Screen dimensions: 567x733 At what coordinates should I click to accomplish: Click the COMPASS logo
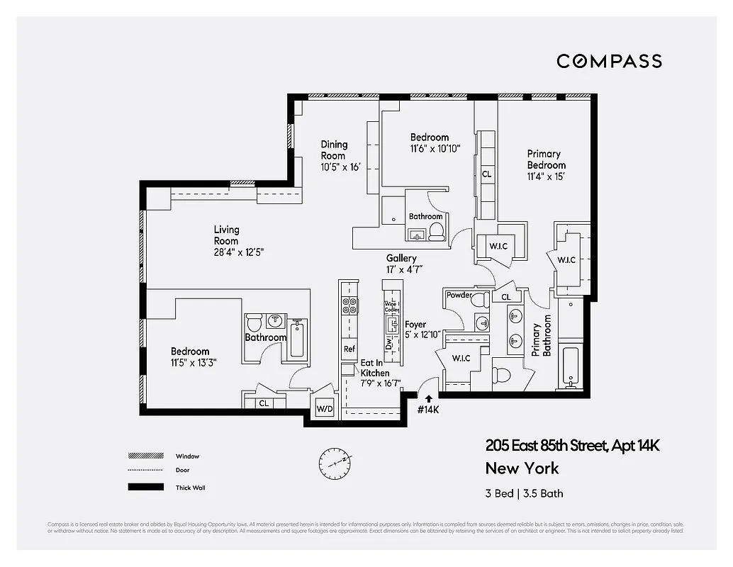[609, 61]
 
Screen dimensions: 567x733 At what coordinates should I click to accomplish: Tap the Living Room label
[227, 235]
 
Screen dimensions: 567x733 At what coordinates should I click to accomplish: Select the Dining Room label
[333, 150]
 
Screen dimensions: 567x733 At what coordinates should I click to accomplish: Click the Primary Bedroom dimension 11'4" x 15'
[546, 176]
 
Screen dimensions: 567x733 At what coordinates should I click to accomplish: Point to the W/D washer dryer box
[325, 409]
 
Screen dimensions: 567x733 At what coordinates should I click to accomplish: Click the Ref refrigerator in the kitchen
[349, 349]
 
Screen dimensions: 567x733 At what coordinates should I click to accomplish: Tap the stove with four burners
[349, 305]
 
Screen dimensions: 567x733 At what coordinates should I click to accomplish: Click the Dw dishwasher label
[388, 343]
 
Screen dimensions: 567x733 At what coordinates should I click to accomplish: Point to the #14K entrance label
[428, 409]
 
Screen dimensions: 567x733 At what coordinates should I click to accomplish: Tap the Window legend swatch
[141, 456]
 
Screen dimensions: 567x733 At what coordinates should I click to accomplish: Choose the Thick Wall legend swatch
[141, 487]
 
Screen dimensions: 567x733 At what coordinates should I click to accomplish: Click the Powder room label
[459, 295]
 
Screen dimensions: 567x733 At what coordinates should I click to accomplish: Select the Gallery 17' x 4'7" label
[401, 264]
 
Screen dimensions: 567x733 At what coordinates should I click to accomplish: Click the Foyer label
[415, 325]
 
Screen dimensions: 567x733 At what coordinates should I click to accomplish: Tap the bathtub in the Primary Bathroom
[570, 365]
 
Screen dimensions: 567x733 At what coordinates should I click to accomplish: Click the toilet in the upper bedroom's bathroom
[437, 230]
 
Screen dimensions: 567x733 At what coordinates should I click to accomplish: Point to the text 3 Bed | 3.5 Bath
[525, 493]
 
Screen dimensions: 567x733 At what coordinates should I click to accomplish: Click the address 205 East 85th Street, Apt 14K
[573, 446]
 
